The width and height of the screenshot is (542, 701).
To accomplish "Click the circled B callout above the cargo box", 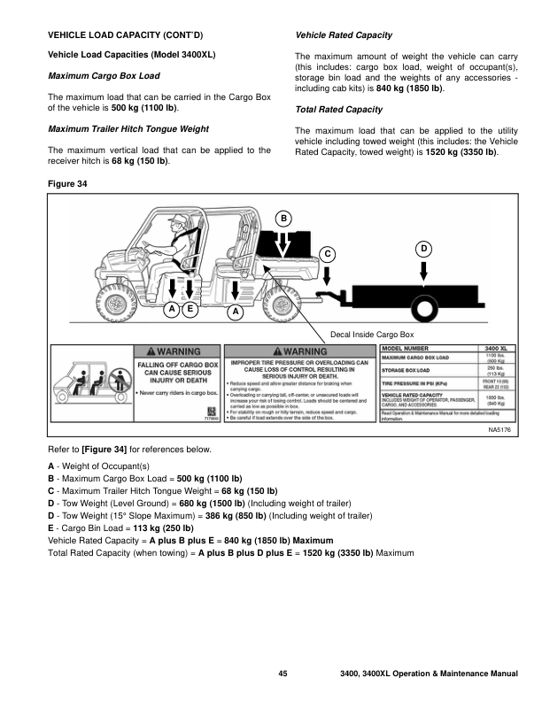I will point(283,218).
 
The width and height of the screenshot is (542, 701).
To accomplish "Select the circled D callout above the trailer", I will point(424,248).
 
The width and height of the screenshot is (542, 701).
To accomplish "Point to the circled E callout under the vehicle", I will point(190,310).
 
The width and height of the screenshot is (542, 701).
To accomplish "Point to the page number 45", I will point(283,674).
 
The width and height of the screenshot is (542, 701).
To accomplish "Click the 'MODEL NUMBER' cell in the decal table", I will point(408,349).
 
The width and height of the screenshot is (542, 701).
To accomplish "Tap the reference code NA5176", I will point(499,429).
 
